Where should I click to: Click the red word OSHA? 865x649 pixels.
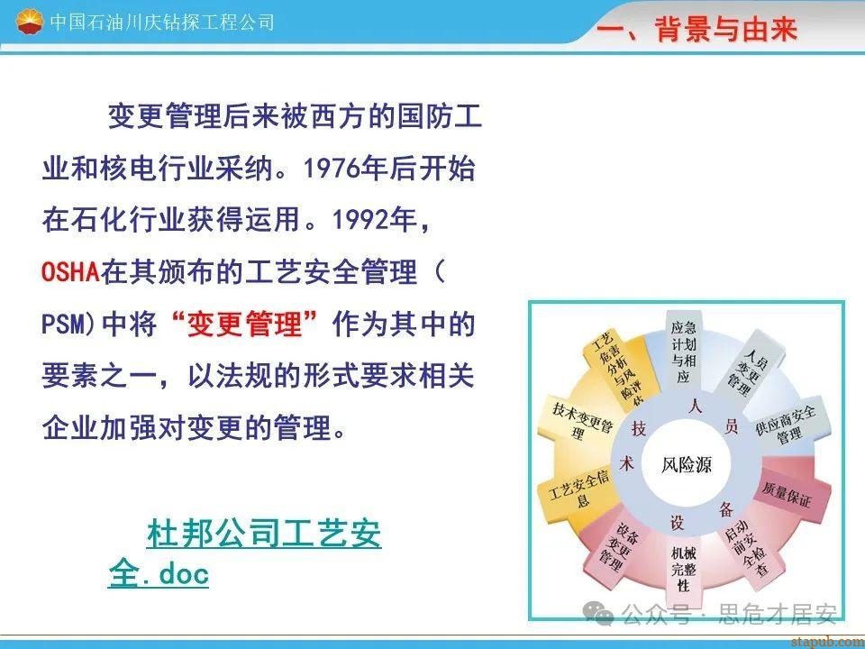point(70,272)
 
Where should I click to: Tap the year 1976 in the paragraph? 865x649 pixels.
point(331,169)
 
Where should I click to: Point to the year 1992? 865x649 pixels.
point(360,220)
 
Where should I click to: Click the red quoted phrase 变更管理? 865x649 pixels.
point(245,324)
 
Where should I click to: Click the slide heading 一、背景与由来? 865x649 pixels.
point(697,29)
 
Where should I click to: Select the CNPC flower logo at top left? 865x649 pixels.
point(29,22)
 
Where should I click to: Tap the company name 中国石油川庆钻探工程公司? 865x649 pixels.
point(162,22)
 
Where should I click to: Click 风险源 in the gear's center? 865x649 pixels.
point(687,465)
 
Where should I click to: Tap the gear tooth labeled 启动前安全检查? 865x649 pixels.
point(749,547)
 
